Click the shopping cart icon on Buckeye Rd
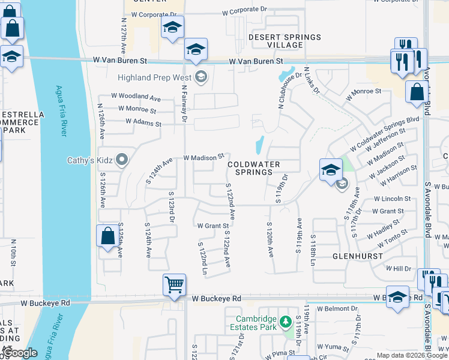[x=174, y=283]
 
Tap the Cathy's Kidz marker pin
[x=122, y=160]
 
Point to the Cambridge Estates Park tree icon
[x=286, y=323]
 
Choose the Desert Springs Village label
[x=285, y=41]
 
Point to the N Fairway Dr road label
[x=184, y=102]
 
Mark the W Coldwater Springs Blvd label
[x=384, y=134]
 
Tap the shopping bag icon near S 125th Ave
[x=107, y=235]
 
